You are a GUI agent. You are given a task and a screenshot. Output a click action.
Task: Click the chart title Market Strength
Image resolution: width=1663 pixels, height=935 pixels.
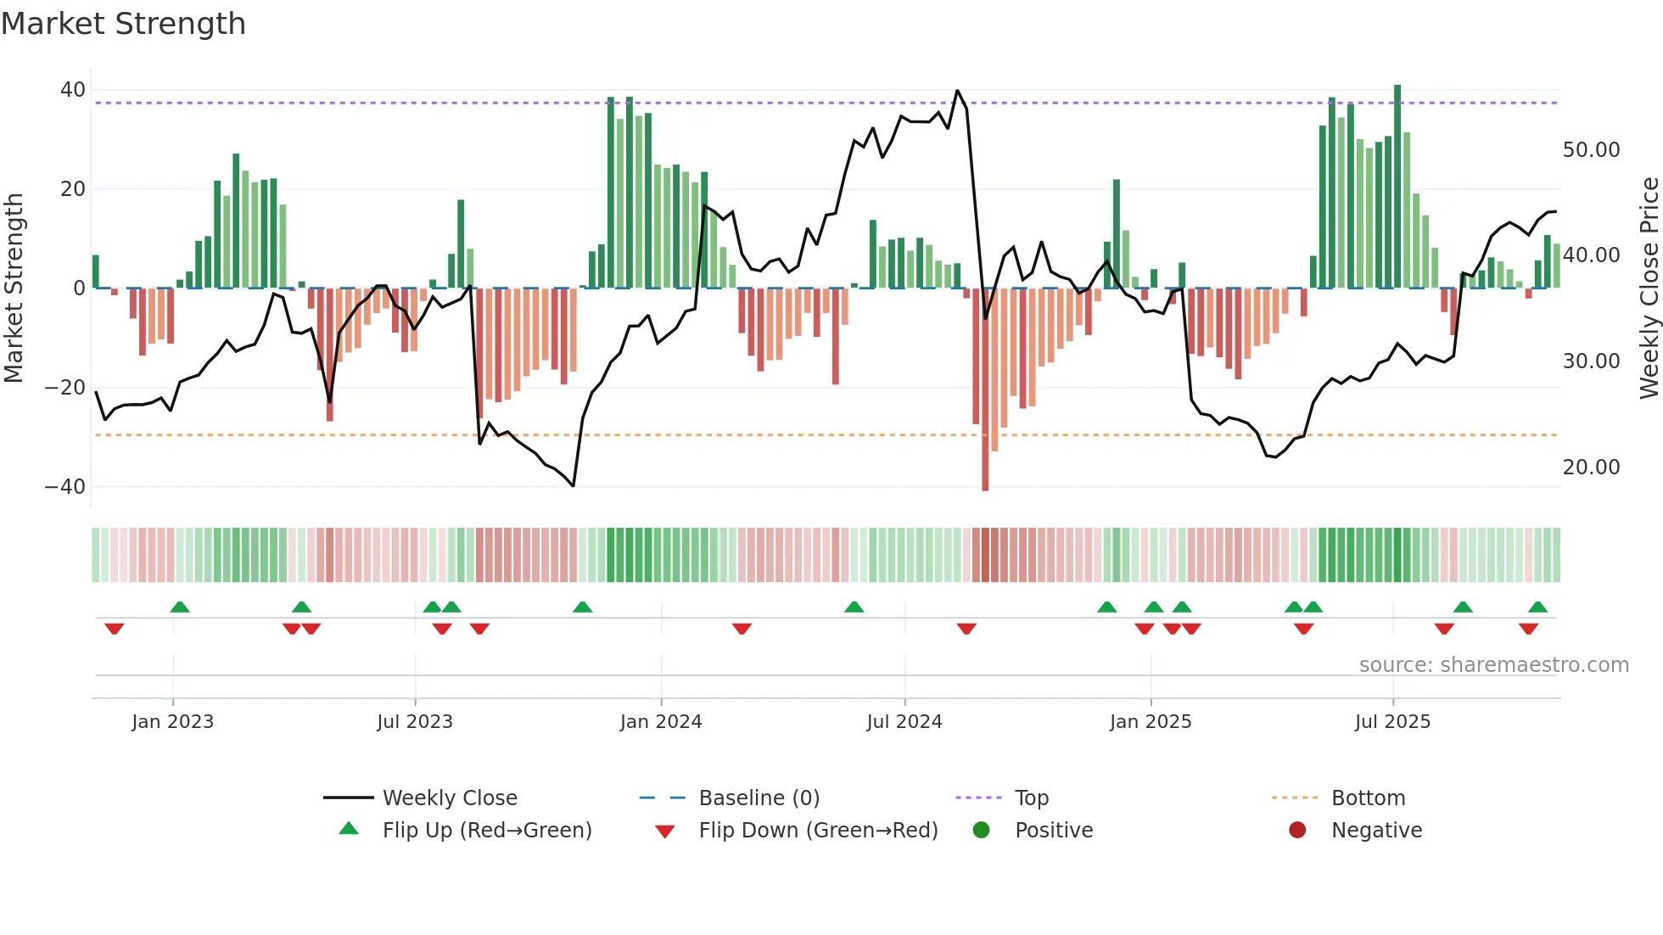click(123, 24)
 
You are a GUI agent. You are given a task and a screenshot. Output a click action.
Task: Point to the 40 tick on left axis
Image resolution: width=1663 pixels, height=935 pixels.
click(73, 90)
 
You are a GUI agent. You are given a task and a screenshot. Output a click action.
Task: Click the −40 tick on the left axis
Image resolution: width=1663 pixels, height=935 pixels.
click(65, 487)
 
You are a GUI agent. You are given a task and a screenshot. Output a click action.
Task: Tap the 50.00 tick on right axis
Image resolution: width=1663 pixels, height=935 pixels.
click(1591, 150)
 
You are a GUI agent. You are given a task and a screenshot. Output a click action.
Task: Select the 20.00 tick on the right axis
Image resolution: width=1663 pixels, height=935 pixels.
click(1591, 467)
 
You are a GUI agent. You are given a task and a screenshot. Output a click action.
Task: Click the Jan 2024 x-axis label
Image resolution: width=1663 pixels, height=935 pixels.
click(661, 722)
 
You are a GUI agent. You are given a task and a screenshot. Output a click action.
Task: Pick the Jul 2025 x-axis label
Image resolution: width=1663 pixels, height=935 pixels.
click(1392, 722)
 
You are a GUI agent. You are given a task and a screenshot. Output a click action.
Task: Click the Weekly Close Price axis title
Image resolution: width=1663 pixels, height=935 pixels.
click(1649, 288)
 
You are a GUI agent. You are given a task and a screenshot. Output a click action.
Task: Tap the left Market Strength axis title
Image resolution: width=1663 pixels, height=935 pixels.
click(14, 288)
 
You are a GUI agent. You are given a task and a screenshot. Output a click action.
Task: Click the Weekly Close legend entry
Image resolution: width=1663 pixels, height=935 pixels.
click(449, 798)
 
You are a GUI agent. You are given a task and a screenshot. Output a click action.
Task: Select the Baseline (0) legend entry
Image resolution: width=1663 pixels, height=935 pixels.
click(759, 798)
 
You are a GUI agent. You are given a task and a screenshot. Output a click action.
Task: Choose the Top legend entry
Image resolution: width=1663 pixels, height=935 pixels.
click(1031, 798)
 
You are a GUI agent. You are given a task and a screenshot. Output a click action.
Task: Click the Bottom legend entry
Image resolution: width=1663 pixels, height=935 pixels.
click(1368, 798)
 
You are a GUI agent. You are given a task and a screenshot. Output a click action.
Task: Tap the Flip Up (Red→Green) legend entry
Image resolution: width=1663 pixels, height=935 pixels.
click(486, 831)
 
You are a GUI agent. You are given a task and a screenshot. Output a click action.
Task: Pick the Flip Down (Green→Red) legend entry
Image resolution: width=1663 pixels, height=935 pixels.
click(818, 831)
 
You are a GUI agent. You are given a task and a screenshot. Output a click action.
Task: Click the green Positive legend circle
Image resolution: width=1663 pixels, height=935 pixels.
click(982, 831)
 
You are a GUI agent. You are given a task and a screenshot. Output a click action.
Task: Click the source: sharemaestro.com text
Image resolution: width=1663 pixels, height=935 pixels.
click(1493, 665)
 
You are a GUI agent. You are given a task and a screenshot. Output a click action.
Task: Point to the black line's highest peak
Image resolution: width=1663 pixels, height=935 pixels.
click(957, 91)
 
